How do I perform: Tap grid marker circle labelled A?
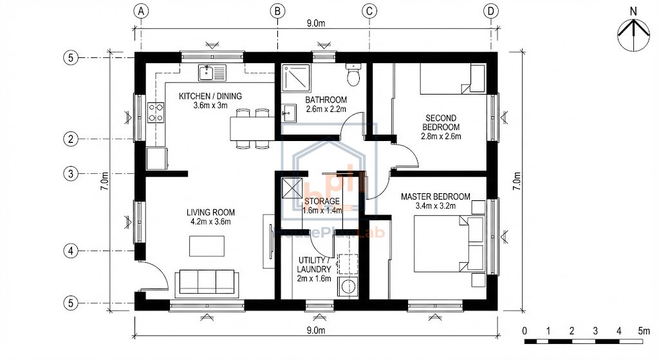(x=142, y=11)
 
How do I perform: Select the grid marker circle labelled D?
(x=492, y=11)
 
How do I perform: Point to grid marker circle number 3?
(x=71, y=173)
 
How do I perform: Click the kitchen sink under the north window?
(x=212, y=73)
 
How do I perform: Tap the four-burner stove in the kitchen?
(x=156, y=113)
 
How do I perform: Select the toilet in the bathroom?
(x=353, y=75)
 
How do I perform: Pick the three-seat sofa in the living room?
(x=207, y=281)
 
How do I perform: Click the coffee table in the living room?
(x=207, y=246)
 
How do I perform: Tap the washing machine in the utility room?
(x=348, y=287)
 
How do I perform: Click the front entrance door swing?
(x=155, y=277)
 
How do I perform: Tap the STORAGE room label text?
(x=322, y=201)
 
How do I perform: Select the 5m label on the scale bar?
(x=644, y=330)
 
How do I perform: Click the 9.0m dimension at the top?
(x=315, y=23)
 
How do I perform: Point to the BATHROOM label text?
(x=326, y=100)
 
